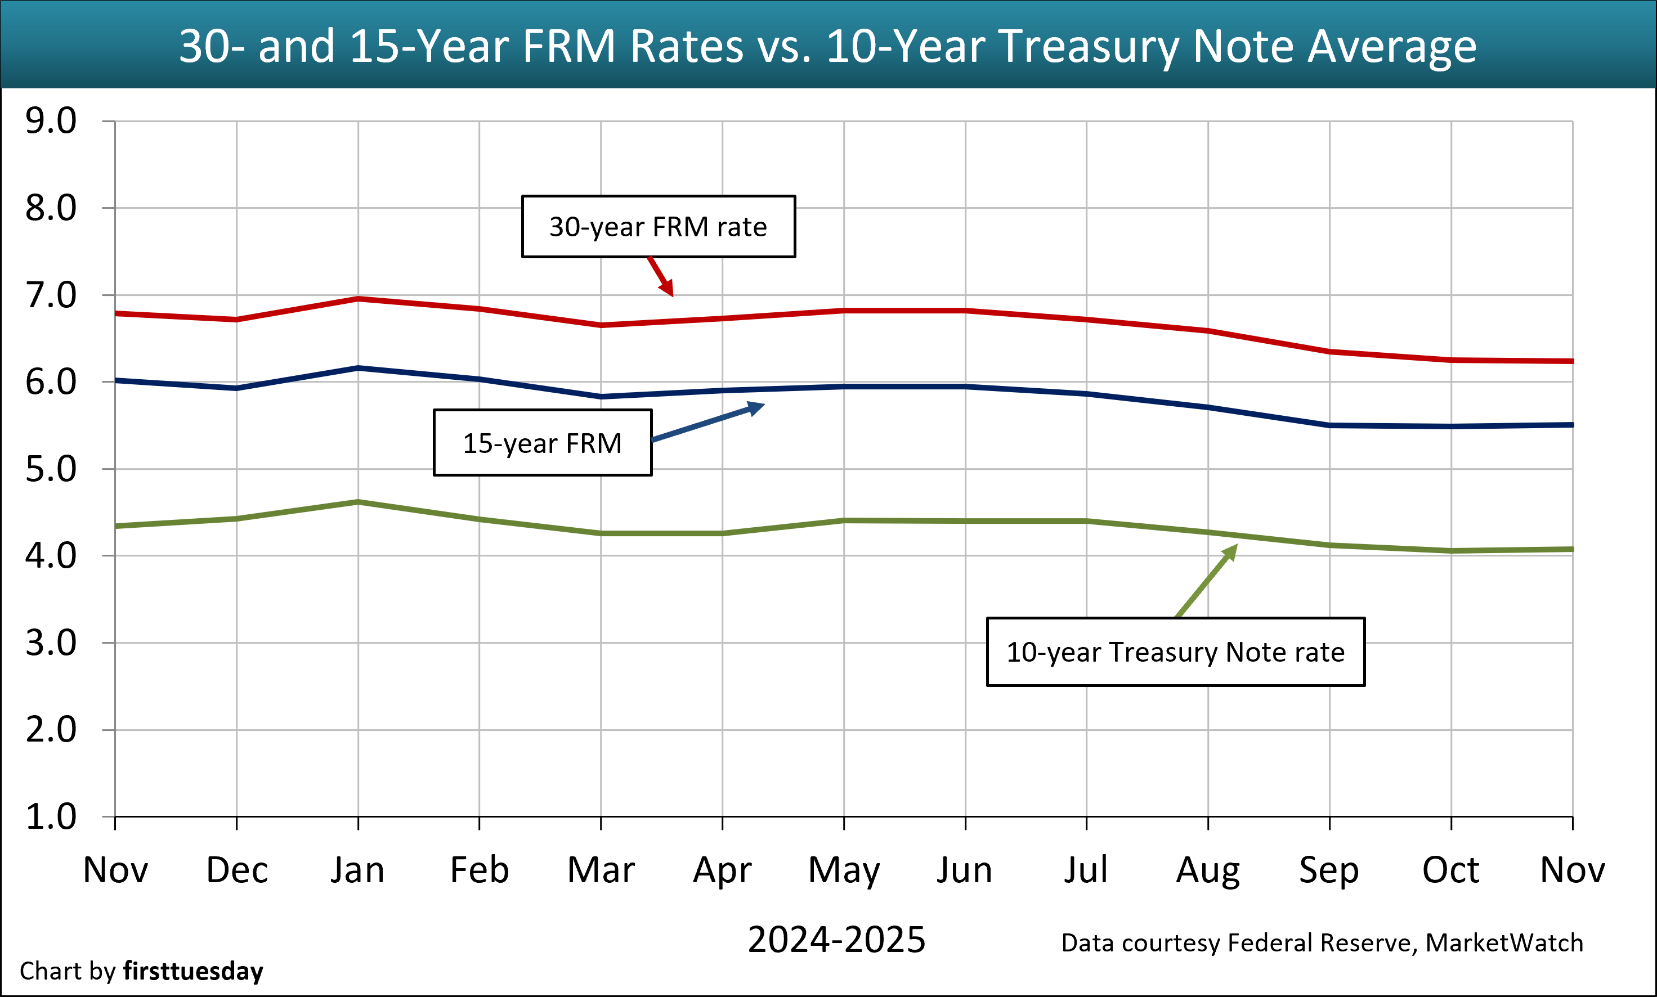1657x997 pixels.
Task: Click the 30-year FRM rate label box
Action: (658, 226)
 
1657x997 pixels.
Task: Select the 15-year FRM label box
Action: (542, 443)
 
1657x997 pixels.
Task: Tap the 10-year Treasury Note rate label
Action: (1175, 652)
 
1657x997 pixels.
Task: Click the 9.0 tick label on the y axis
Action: (51, 121)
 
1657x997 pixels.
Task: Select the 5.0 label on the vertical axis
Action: (51, 469)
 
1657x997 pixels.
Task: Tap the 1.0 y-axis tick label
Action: (51, 817)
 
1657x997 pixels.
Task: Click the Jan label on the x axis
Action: (357, 870)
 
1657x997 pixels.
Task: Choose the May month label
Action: (843, 870)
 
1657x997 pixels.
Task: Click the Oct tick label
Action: (1450, 870)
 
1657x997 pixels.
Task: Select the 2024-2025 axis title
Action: (836, 939)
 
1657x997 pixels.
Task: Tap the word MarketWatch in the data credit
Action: (1504, 942)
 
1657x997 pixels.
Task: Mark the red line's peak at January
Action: (358, 298)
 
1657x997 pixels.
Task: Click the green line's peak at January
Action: (358, 502)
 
